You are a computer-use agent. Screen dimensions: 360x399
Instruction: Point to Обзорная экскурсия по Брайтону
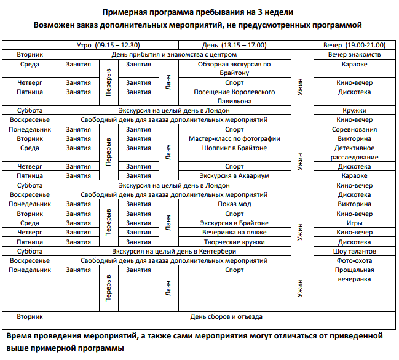(x=234, y=68)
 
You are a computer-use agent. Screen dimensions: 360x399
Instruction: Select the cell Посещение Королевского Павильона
(x=234, y=97)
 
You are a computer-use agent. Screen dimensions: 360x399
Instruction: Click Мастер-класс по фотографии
(x=234, y=139)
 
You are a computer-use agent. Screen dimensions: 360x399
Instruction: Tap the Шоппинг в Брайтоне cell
(x=234, y=148)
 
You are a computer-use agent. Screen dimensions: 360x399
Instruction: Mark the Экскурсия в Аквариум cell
(x=234, y=175)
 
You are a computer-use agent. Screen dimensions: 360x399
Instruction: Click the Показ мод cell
(x=234, y=204)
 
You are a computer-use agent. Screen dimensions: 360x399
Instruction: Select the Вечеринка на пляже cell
(x=234, y=232)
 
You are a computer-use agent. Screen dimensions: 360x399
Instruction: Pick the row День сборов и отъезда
(x=226, y=316)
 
